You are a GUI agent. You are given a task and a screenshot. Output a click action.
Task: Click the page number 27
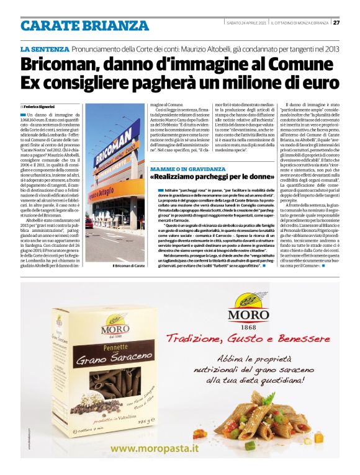tap(336, 23)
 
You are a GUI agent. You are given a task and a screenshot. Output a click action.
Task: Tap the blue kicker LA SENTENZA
tap(44, 48)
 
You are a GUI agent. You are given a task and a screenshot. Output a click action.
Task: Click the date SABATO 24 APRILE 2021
tap(247, 23)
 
